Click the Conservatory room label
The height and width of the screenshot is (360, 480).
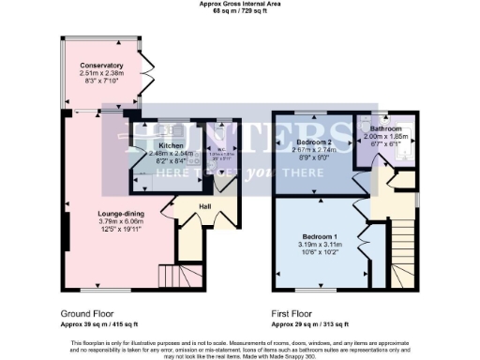click(102, 66)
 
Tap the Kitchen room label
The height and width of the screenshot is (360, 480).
click(171, 146)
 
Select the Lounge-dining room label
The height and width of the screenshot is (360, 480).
click(121, 215)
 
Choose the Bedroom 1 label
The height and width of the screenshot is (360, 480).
click(320, 236)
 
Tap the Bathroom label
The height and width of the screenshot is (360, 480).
click(385, 128)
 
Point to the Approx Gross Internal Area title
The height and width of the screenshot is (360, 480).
click(239, 3)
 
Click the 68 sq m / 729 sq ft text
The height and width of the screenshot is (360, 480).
click(239, 9)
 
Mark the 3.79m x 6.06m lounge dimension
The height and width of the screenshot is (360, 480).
click(121, 222)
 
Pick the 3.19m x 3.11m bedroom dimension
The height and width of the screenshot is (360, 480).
click(320, 245)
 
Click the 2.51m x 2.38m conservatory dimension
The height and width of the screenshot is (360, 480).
click(102, 74)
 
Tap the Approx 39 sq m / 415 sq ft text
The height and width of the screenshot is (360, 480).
click(103, 322)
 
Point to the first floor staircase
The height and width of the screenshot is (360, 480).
click(404, 248)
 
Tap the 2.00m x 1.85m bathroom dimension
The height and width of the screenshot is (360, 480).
click(385, 136)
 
